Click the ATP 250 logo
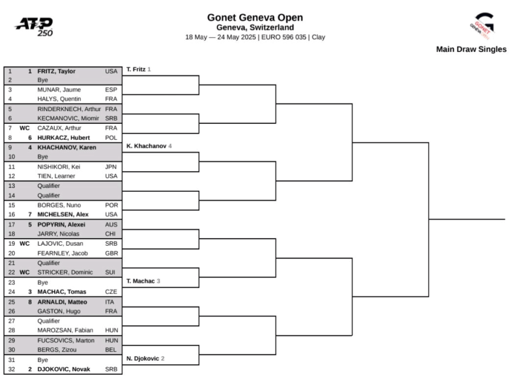coord(34,27)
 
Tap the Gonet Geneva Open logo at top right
coord(483,26)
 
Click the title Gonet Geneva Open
coord(255,18)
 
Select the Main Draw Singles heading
coord(472,50)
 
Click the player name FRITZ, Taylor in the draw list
coord(56,71)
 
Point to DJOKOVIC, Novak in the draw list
coord(64,369)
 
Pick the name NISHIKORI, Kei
coord(58,166)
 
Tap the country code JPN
coord(111,166)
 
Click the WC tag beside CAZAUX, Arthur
coord(25,128)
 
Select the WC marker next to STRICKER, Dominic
coord(25,272)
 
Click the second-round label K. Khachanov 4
coord(149,146)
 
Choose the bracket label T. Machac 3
coord(143,281)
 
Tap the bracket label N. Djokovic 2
coord(145,358)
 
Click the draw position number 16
coord(12,214)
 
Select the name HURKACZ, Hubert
coord(63,138)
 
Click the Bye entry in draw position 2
coord(43,80)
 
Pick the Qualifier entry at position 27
coord(48,321)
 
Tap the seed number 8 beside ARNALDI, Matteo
coord(30,302)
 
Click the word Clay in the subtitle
coord(318,37)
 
